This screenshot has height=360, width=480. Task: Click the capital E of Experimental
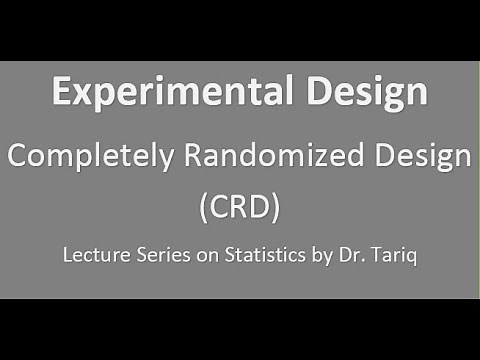point(62,93)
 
